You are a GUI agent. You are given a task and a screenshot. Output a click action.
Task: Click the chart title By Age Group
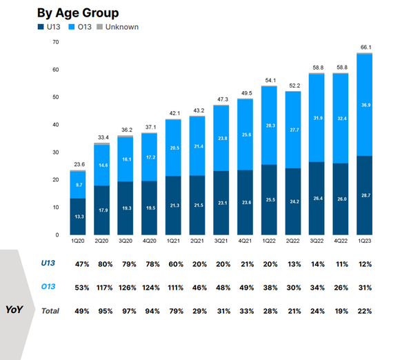coord(78,12)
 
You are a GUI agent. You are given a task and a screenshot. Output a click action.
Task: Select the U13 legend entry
coord(49,27)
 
